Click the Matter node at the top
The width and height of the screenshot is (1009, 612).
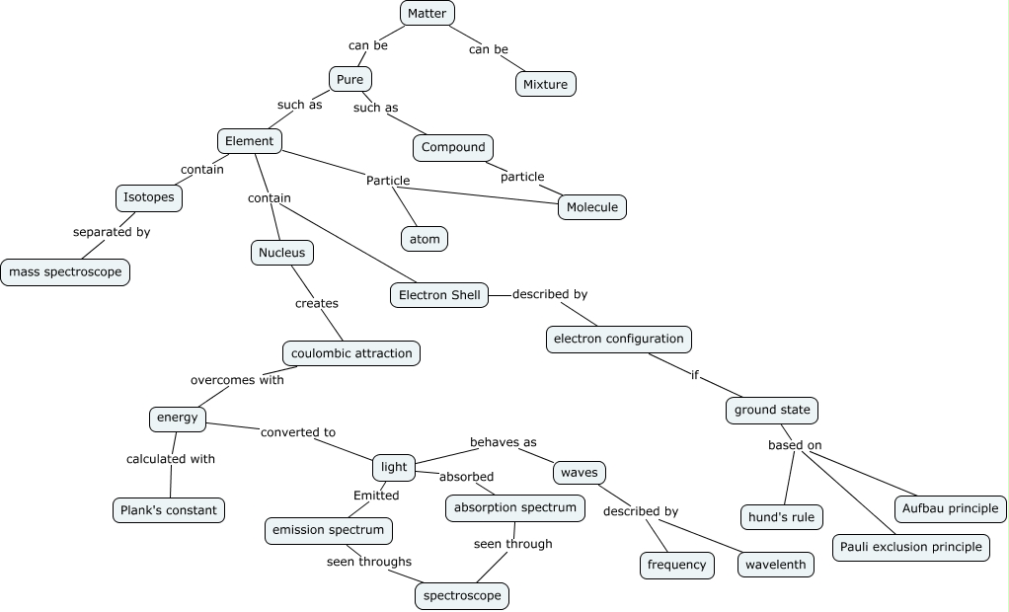click(x=427, y=13)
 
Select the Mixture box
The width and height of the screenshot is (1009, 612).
click(x=545, y=84)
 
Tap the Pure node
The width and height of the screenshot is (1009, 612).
click(x=349, y=78)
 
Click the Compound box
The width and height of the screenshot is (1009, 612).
click(x=453, y=147)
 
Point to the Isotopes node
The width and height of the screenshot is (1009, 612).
click(x=149, y=197)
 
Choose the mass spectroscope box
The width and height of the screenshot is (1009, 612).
click(x=65, y=271)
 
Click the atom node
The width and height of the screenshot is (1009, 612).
click(x=424, y=238)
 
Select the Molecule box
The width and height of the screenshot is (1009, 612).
click(x=592, y=206)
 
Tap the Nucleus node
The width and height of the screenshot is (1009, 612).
click(x=282, y=253)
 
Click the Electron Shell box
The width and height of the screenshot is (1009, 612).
click(x=438, y=294)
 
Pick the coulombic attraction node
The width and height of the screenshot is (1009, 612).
click(x=351, y=352)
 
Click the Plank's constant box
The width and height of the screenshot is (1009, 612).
click(x=168, y=509)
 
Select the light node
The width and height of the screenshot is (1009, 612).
click(x=394, y=466)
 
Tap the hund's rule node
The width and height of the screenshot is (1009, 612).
click(x=781, y=516)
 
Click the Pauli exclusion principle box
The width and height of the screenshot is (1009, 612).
click(x=910, y=546)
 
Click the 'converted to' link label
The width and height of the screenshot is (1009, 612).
click(x=297, y=432)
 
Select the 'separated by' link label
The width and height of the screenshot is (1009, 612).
click(x=112, y=233)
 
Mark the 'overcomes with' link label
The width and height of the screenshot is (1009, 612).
click(x=237, y=380)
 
